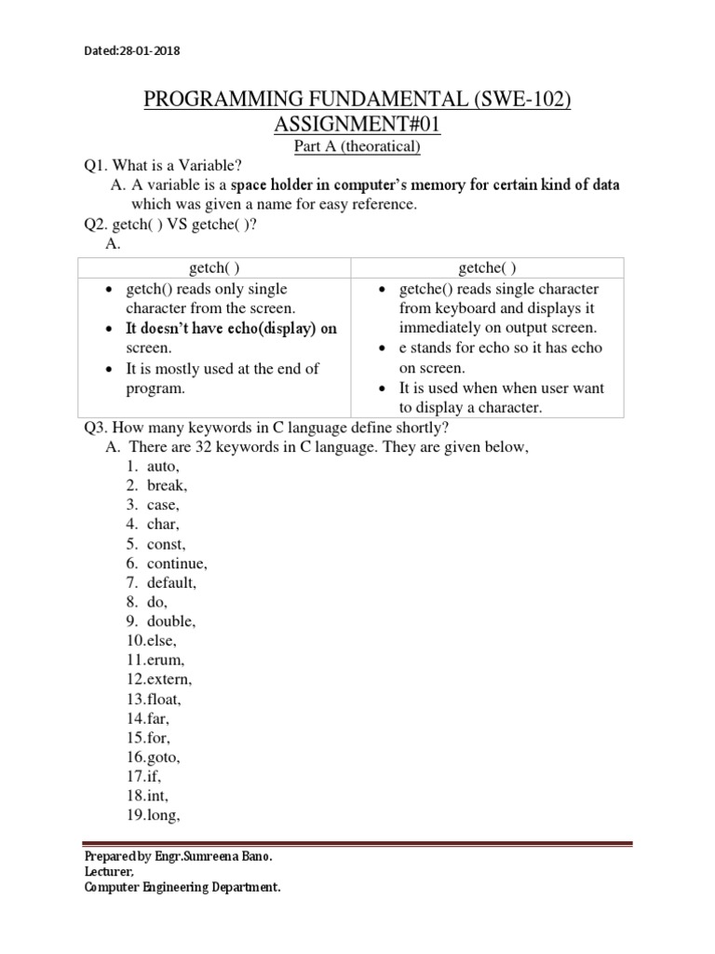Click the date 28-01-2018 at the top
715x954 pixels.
(x=149, y=51)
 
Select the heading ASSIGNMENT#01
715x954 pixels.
(x=357, y=125)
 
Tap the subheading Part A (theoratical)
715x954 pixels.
(x=357, y=146)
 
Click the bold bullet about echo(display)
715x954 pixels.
(x=231, y=328)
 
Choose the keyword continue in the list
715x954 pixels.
(x=177, y=564)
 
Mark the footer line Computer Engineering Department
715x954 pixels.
(x=182, y=888)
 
